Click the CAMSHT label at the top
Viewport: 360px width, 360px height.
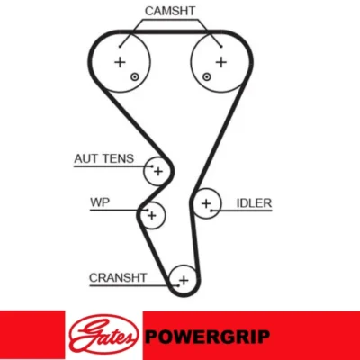click(x=170, y=11)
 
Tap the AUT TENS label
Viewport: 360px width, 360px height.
click(x=103, y=158)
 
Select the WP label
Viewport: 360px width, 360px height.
click(x=100, y=202)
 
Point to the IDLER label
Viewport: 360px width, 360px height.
click(x=254, y=203)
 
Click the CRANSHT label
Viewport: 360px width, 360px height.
click(x=118, y=278)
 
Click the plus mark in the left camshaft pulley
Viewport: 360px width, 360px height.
click(x=120, y=62)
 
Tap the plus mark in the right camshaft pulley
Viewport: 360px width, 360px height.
click(x=221, y=62)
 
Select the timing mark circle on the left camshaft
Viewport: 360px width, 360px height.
click(x=135, y=77)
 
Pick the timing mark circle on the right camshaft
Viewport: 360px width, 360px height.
click(x=206, y=77)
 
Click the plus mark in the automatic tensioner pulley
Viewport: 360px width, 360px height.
click(x=158, y=172)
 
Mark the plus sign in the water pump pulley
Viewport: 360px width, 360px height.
click(x=152, y=215)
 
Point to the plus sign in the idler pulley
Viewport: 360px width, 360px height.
click(x=206, y=203)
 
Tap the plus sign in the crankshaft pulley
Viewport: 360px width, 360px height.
click(x=184, y=281)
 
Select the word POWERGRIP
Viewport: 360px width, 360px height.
click(x=207, y=337)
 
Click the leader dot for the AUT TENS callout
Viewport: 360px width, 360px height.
click(x=152, y=166)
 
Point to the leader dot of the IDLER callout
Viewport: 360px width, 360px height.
click(x=211, y=211)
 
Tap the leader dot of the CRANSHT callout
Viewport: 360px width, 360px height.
click(x=178, y=285)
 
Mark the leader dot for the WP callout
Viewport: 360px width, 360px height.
click(x=147, y=210)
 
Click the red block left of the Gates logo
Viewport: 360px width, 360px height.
click(x=32, y=335)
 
